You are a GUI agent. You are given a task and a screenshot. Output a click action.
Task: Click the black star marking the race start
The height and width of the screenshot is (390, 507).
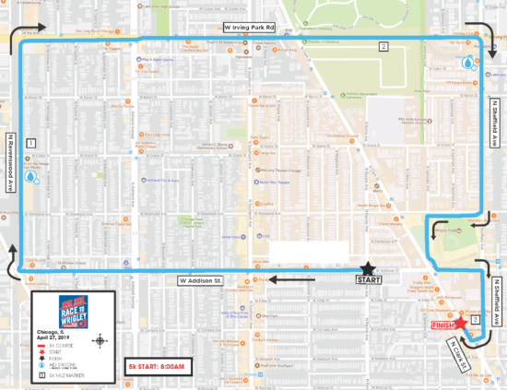368,266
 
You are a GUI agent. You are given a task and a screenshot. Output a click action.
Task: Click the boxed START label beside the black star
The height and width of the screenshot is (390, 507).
368,279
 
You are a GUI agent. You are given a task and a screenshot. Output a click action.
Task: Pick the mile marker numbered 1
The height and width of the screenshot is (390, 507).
31,143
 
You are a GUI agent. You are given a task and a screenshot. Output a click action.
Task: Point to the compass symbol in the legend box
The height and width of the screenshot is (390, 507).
100,341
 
